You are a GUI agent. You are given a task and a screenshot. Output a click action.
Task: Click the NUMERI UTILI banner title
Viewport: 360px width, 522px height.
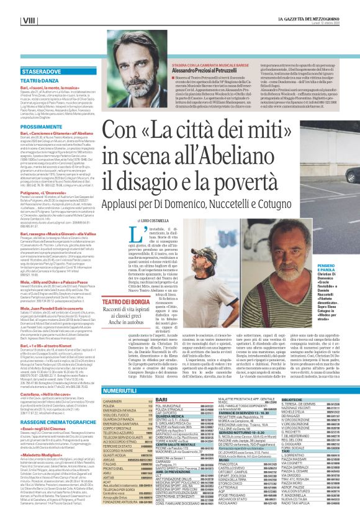pyautogui.click(x=128, y=374)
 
